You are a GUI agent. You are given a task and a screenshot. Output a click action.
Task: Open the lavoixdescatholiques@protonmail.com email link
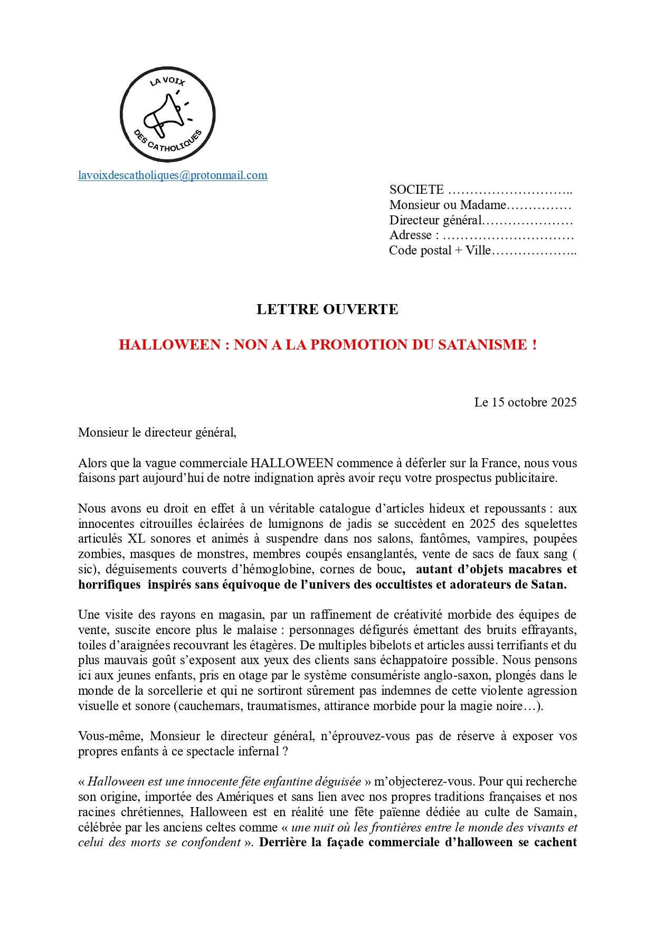[x=173, y=175]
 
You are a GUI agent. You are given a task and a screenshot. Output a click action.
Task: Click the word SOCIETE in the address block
[x=416, y=190]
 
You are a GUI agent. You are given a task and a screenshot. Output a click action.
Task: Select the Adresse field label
[x=411, y=235]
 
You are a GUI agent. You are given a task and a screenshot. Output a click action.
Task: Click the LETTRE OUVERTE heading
[x=327, y=309]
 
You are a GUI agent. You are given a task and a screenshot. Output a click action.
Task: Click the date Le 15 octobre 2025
[x=525, y=402]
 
